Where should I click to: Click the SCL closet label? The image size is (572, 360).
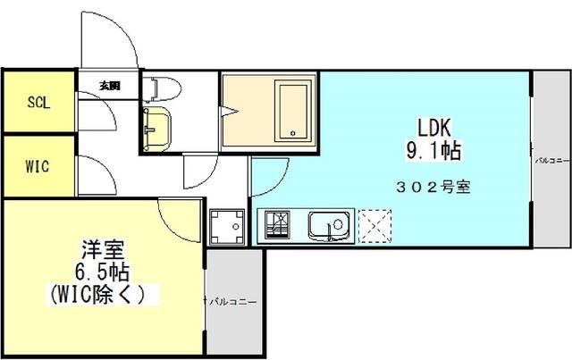click(x=38, y=102)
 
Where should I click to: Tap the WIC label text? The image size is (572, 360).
click(x=38, y=167)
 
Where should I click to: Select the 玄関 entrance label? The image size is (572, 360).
click(x=110, y=87)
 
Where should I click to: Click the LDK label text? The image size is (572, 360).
click(x=433, y=127)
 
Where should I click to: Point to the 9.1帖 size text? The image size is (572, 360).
click(x=433, y=152)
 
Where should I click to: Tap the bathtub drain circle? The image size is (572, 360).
click(x=292, y=134)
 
